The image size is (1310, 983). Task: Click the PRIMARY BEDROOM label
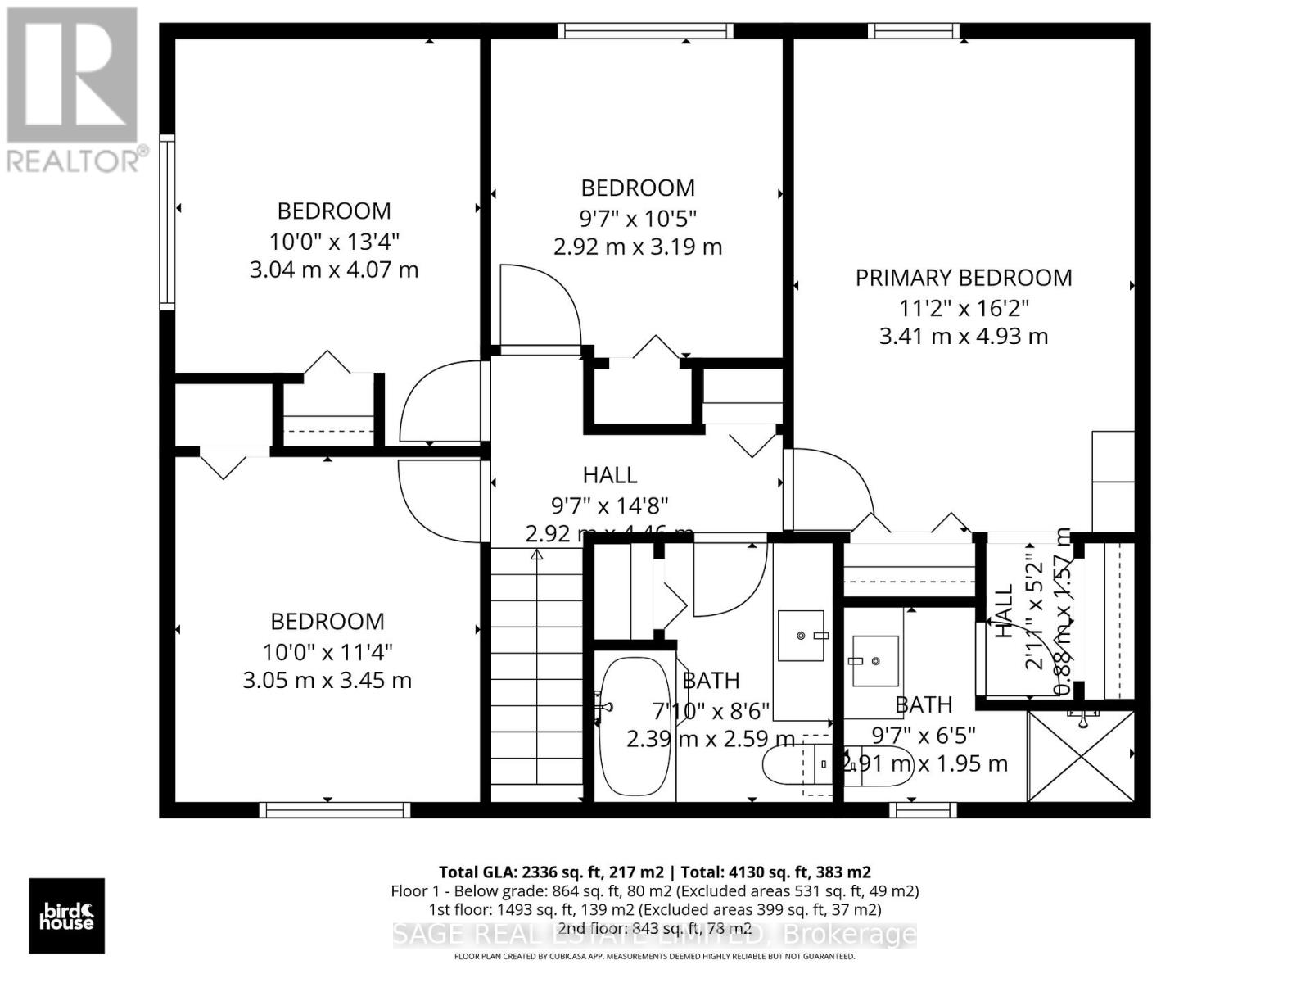[963, 278]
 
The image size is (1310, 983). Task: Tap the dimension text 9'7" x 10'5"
[638, 219]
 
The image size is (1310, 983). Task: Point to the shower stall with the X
[1081, 756]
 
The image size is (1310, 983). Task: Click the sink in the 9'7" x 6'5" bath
[875, 660]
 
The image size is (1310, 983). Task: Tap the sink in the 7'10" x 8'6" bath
[801, 635]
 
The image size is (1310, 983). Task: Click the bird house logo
[67, 916]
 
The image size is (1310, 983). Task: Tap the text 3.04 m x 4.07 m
[333, 270]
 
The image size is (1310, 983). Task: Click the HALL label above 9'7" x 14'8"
[610, 475]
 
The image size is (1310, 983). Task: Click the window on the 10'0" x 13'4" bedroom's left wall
[167, 221]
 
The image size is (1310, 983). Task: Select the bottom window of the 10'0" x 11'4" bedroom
[334, 809]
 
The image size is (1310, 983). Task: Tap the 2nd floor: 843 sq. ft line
[655, 928]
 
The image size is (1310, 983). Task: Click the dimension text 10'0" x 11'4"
[327, 652]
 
